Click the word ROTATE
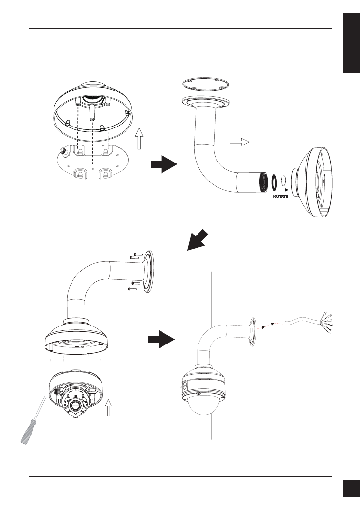(281, 196)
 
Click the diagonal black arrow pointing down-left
(198, 239)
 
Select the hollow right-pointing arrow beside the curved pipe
(239, 142)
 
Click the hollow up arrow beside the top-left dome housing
(139, 138)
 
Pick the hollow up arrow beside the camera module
(108, 407)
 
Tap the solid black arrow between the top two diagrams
(164, 164)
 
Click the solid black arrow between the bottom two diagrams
(162, 339)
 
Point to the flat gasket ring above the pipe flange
(205, 84)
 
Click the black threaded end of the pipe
(264, 182)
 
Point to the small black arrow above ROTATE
(284, 190)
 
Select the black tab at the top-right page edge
(352, 43)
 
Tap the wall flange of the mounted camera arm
(252, 332)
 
